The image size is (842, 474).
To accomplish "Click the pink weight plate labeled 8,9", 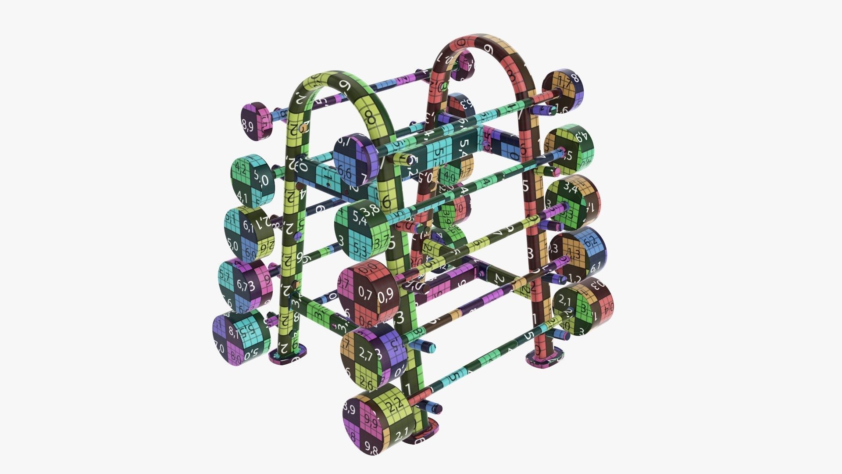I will click(x=254, y=121).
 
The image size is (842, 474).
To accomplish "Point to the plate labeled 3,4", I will click(x=572, y=202).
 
